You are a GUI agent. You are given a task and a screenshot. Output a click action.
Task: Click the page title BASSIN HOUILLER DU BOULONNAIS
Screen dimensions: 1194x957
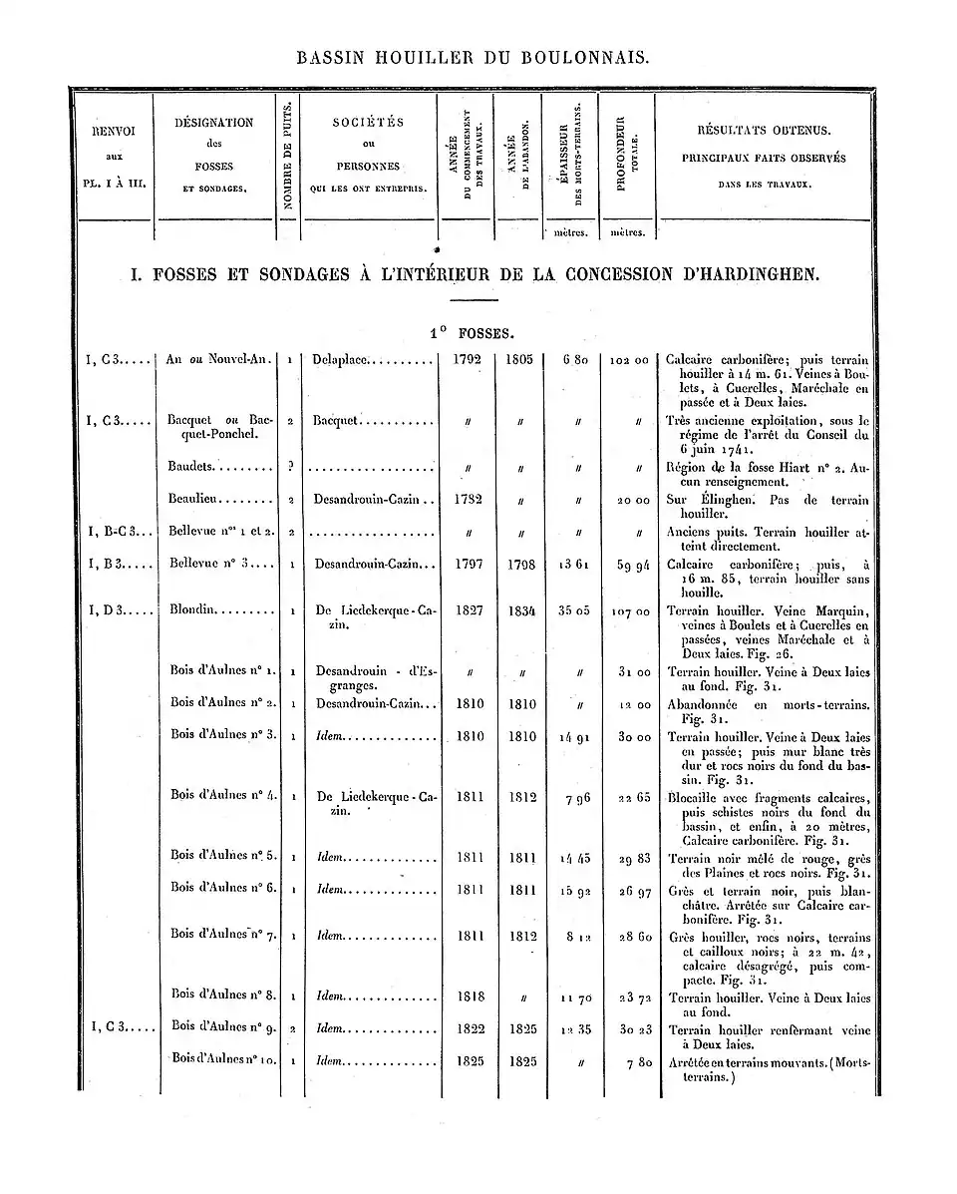[x=474, y=58]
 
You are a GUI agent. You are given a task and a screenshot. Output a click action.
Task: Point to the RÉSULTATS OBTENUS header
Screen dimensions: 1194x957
[x=764, y=131]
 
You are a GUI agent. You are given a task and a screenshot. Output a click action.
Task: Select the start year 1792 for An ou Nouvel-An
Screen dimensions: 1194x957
[x=467, y=359]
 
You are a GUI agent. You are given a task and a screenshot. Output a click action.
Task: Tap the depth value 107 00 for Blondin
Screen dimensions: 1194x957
[x=627, y=612]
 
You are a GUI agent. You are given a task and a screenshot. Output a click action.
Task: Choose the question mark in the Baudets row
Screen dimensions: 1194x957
[x=289, y=466]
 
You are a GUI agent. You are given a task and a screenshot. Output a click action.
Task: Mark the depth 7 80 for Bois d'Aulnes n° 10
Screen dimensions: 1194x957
[x=633, y=1061]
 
